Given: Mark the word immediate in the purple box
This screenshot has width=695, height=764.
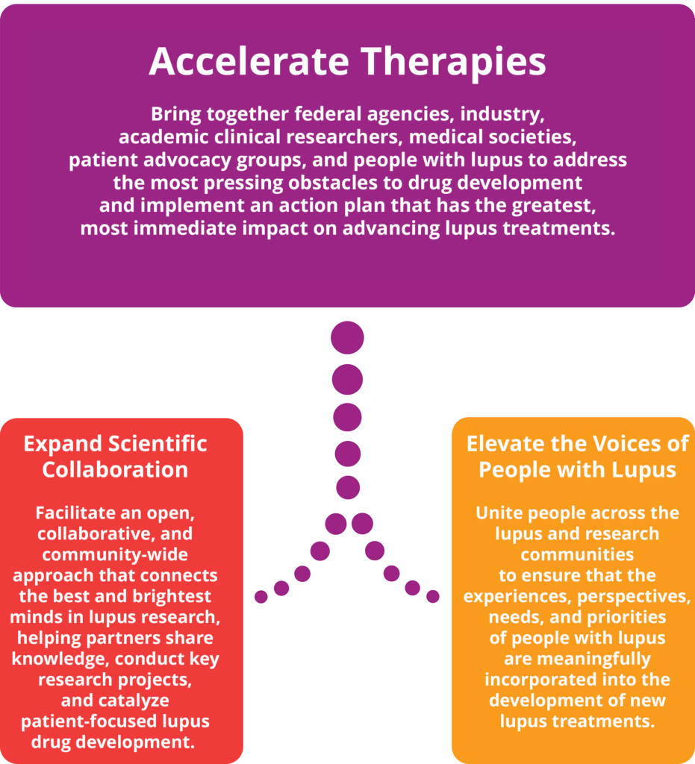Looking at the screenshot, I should coord(218,228).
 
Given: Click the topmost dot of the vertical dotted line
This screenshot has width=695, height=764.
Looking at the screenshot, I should coord(347,338).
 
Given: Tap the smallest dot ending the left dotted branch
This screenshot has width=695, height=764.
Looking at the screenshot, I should coord(261,597).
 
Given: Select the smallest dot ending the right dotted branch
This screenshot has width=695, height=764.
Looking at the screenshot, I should coord(433,597).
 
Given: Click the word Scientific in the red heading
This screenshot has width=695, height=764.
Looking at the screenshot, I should coord(158,444).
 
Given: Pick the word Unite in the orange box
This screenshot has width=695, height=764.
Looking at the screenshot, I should coord(499,513).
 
